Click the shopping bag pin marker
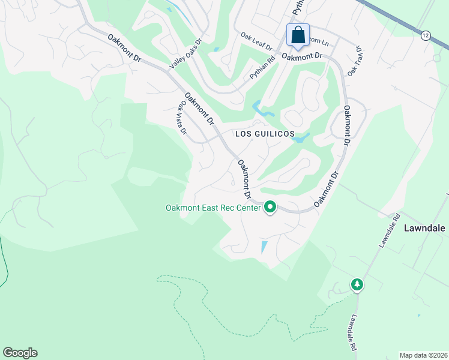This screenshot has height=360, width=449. (x=298, y=36)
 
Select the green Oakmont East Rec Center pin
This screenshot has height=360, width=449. (x=270, y=208)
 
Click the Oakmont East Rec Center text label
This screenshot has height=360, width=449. (x=213, y=208)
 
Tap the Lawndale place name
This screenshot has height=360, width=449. (x=424, y=229)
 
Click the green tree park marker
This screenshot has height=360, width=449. (x=357, y=284)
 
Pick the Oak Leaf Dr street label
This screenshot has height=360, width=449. (x=256, y=42)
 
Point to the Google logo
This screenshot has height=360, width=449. (x=20, y=353)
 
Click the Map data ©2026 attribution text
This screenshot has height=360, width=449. (x=423, y=355)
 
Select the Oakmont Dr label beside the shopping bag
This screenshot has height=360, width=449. (x=303, y=56)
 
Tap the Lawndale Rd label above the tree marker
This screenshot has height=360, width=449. (x=388, y=230)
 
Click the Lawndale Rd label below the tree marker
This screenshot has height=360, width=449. (x=354, y=332)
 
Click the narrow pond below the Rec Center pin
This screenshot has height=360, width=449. (x=264, y=247)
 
